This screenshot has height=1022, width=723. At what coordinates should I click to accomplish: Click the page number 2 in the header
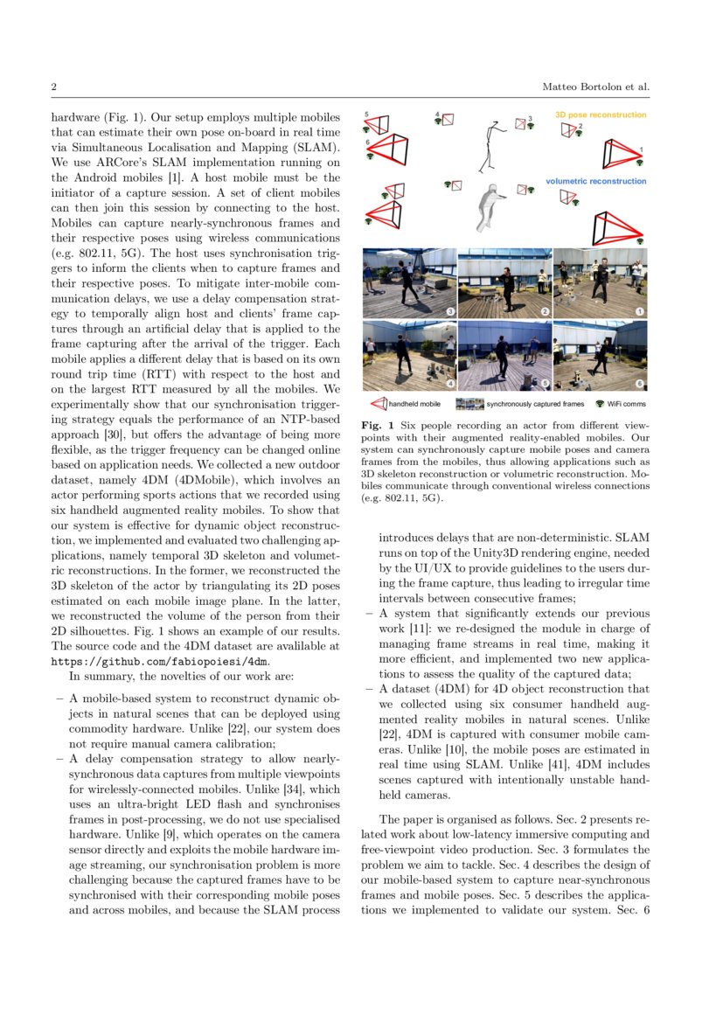[x=54, y=87]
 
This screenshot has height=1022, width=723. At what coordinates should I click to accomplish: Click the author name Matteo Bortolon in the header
[x=582, y=87]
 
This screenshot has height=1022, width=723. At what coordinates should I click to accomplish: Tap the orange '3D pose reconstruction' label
[x=601, y=115]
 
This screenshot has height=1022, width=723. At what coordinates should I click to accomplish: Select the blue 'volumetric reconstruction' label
[x=595, y=181]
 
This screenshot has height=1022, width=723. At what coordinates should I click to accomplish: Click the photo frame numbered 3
[x=408, y=283]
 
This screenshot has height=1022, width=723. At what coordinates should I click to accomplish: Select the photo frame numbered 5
[x=504, y=355]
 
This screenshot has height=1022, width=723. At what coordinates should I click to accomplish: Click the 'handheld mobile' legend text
[x=414, y=405]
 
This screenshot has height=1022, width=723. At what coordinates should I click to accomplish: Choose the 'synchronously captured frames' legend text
[x=535, y=405]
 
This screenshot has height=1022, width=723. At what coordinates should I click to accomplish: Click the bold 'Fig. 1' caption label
[x=374, y=426]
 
